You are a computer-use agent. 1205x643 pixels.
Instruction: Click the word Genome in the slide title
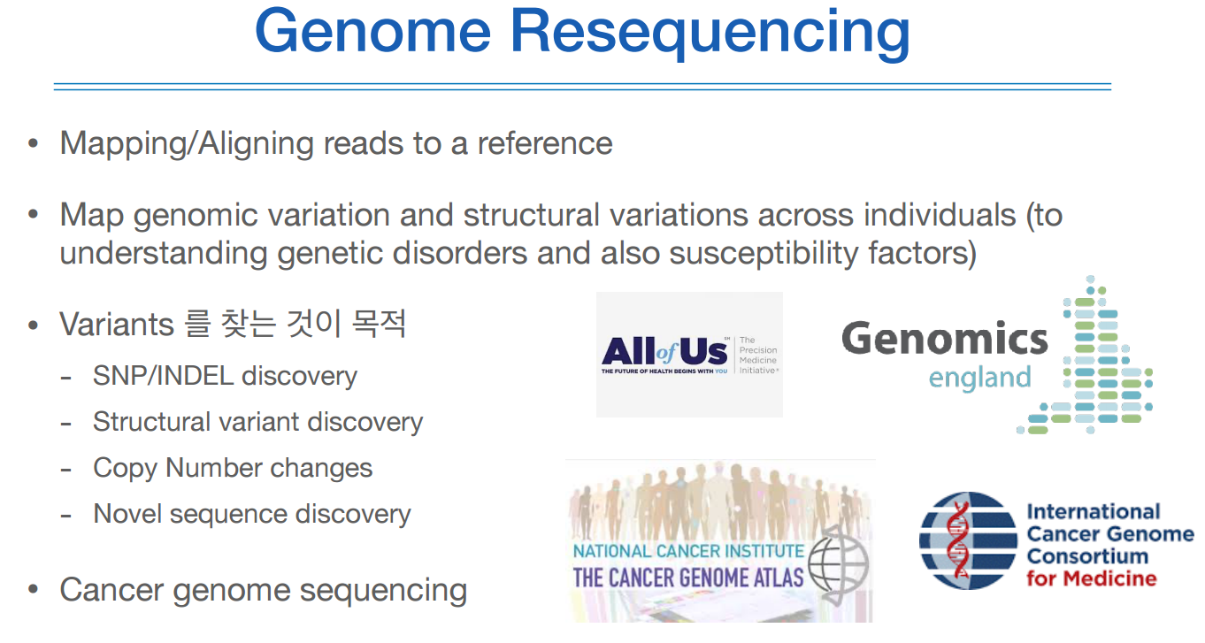(372, 33)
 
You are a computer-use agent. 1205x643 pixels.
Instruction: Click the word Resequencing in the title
(710, 33)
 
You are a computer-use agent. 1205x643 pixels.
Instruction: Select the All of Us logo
(688, 355)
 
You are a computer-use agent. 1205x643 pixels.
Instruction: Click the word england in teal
(979, 379)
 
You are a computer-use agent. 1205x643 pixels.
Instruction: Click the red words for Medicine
(1091, 579)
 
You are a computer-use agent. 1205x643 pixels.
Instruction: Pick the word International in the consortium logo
(1093, 512)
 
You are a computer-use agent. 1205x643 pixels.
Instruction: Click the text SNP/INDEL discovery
(225, 376)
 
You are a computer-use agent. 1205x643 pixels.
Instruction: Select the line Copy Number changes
(233, 468)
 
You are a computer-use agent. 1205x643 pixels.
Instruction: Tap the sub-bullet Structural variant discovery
(257, 422)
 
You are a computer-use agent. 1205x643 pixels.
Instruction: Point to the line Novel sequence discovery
(251, 514)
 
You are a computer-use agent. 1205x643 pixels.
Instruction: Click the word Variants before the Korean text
(117, 325)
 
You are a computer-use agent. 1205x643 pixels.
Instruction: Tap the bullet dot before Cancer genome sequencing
(34, 590)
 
